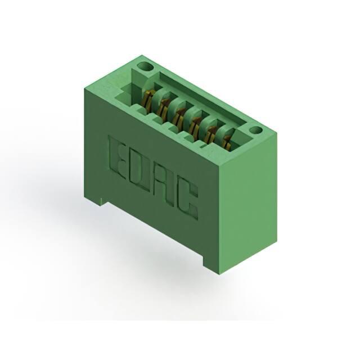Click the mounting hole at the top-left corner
[145, 67]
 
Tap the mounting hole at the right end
[256, 130]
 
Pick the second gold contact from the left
[164, 107]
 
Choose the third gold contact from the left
[178, 116]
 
